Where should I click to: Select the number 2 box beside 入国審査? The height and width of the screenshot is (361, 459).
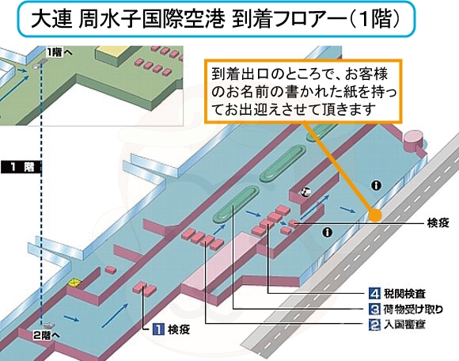[374, 325]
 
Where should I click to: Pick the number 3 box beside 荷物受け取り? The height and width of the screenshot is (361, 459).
[374, 309]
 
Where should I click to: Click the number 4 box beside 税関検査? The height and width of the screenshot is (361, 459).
[374, 294]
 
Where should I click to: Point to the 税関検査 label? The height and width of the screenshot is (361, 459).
[404, 294]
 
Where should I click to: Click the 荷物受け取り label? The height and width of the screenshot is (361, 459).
[413, 310]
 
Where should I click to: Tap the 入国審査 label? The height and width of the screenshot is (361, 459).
[404, 325]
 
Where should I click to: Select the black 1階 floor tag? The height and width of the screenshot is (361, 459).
[21, 167]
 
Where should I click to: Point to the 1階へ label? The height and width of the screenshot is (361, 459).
[59, 53]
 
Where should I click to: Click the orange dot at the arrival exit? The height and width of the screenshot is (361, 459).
[375, 215]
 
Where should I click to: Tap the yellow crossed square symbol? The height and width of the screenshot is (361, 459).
[75, 283]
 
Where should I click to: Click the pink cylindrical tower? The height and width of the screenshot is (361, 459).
[413, 140]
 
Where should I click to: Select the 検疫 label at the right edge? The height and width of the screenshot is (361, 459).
[438, 223]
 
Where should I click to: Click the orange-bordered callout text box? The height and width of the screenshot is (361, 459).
[303, 91]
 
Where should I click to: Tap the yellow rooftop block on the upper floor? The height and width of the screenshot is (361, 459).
[112, 54]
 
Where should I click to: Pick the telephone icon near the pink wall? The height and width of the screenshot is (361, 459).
[306, 192]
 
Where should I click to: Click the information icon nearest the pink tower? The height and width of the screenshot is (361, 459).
[377, 185]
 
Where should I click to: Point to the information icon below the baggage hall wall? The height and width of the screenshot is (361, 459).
[328, 233]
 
